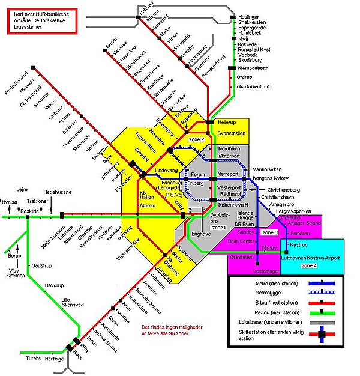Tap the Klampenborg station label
tap(253, 68)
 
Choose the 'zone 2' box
tap(197, 139)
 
